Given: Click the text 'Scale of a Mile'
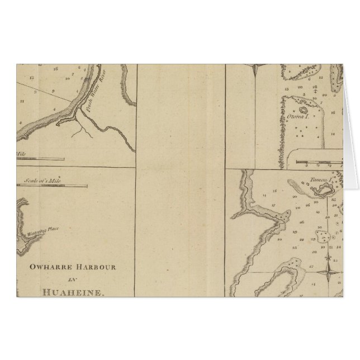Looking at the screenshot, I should click(x=44, y=180).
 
